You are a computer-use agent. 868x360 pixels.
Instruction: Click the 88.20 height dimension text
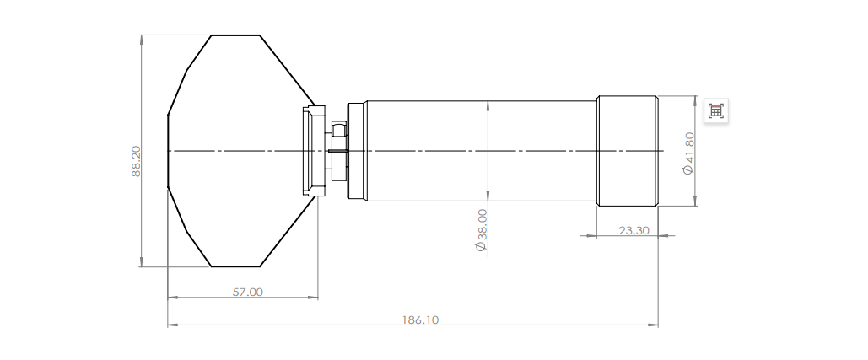[136, 161]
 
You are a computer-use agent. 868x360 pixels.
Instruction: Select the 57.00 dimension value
[247, 292]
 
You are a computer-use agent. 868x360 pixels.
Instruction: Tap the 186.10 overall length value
[420, 320]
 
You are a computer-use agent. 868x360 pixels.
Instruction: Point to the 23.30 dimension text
[633, 230]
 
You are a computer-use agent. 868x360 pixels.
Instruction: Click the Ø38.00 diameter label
[482, 230]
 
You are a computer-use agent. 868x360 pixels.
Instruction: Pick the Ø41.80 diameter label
[688, 153]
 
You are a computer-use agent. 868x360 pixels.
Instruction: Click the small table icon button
[716, 111]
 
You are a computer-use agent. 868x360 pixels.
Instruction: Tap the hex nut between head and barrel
[338, 151]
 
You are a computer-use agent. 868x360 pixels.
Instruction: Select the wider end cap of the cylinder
[628, 151]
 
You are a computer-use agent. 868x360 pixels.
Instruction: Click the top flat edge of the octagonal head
[235, 35]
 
